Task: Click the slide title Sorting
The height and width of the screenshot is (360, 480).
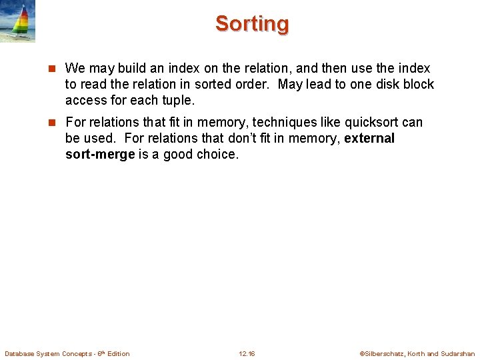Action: click(x=252, y=24)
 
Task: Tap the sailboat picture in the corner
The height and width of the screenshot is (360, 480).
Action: click(x=18, y=21)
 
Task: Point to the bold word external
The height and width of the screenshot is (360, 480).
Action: click(x=369, y=139)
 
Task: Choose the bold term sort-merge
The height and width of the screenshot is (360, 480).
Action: click(x=99, y=155)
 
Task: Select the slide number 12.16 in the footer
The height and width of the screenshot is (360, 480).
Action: click(x=247, y=353)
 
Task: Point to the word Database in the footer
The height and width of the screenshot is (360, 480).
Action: click(x=21, y=353)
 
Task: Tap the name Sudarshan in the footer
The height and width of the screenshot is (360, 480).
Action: click(x=458, y=353)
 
